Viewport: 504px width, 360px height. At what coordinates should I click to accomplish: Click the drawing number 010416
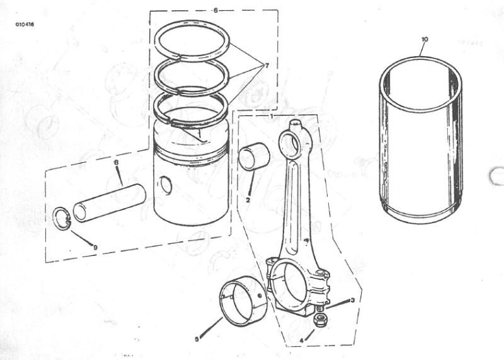25,25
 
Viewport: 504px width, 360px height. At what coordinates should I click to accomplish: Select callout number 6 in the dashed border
215,11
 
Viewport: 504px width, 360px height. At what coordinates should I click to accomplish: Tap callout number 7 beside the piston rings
266,66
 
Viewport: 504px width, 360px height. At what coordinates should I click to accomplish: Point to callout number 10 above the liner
425,39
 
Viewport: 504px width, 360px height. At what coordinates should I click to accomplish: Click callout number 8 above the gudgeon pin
117,163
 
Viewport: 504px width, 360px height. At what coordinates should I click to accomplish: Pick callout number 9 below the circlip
95,247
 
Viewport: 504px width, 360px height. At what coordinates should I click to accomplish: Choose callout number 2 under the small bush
248,200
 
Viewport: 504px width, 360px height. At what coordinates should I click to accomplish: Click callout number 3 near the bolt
353,300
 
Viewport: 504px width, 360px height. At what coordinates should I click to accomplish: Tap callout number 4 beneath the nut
302,340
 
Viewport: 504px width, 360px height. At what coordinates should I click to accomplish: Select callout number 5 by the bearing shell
197,339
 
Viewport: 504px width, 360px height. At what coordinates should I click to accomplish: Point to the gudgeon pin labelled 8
109,202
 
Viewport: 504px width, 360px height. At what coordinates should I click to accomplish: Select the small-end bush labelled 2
255,156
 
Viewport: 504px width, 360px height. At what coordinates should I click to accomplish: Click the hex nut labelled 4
319,320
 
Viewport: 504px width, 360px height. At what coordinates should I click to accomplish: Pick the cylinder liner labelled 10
421,140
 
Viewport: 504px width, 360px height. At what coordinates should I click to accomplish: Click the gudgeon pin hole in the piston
166,185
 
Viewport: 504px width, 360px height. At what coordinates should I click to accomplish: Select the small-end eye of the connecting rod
290,142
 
